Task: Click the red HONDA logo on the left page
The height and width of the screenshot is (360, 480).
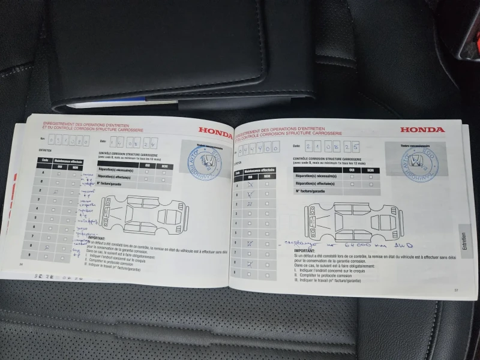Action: pos(215,130)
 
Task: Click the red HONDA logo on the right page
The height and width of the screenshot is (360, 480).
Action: pos(422,130)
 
